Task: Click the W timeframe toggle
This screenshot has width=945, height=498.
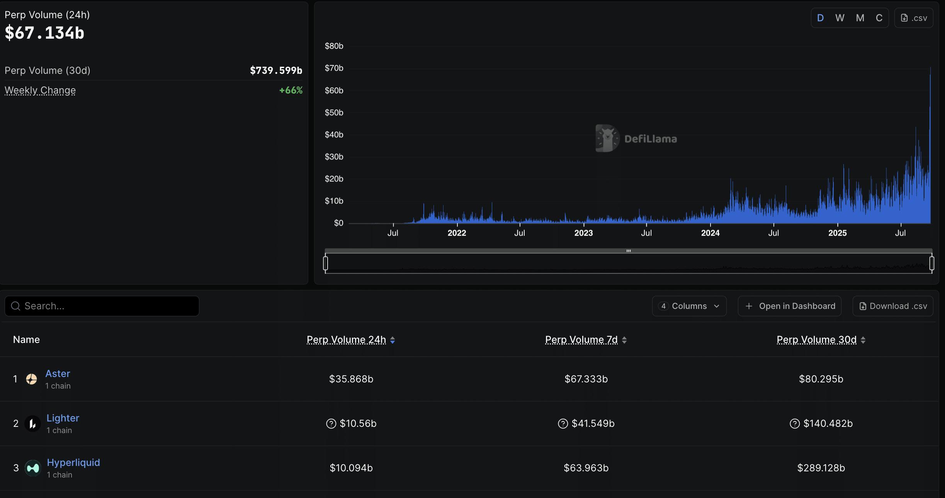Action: click(x=840, y=18)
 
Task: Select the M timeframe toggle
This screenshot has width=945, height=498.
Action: click(x=860, y=18)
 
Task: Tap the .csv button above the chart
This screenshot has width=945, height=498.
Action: click(x=914, y=18)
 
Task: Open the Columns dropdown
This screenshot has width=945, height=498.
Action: click(x=689, y=306)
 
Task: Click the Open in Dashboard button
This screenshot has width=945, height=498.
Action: click(x=789, y=306)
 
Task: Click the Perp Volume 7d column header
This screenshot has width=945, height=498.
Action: click(x=581, y=339)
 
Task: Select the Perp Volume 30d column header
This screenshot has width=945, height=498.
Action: click(x=817, y=339)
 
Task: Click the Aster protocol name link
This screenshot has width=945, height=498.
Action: click(x=58, y=373)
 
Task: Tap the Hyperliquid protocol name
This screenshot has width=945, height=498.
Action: click(x=73, y=462)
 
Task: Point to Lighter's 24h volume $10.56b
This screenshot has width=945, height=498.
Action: click(x=358, y=423)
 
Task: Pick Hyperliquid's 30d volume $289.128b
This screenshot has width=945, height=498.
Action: click(x=821, y=468)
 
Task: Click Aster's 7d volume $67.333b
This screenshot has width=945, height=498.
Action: click(x=586, y=379)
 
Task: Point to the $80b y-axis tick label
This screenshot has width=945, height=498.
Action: click(x=334, y=46)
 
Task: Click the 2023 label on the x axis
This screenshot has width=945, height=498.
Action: click(x=583, y=233)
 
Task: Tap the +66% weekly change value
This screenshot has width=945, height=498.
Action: click(x=291, y=90)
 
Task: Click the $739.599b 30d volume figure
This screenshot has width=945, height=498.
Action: click(x=276, y=70)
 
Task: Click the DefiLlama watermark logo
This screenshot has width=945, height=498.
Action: click(x=636, y=138)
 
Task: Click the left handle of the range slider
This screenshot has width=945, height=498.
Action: click(x=326, y=263)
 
